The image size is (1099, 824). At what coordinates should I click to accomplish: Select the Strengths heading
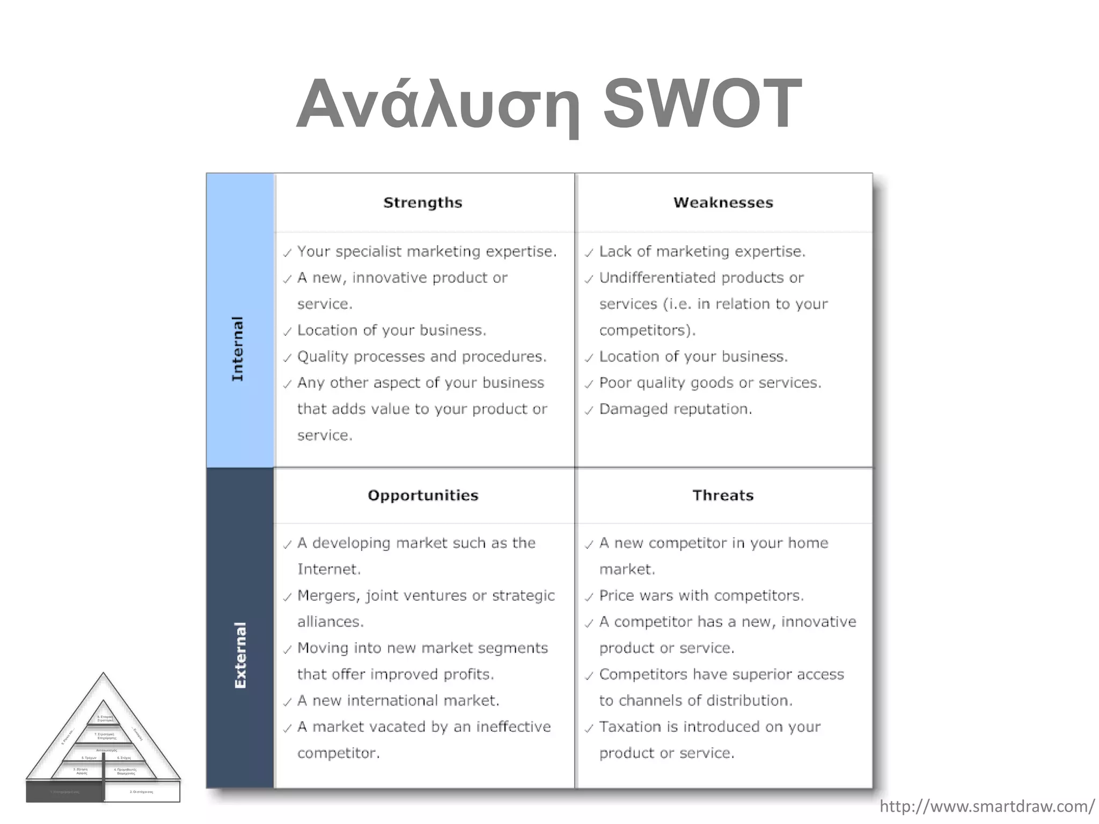click(x=422, y=203)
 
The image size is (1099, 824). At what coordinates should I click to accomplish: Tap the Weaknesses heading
click(x=723, y=203)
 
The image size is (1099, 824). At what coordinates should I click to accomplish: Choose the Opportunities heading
click(x=423, y=495)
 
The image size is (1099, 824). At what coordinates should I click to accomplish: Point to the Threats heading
click(x=723, y=495)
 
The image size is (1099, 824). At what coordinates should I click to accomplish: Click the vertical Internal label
click(x=237, y=349)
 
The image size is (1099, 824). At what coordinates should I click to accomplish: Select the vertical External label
click(x=240, y=655)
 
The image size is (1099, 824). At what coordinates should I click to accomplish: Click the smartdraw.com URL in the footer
click(x=987, y=806)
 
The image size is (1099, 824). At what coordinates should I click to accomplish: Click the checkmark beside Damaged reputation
click(x=589, y=411)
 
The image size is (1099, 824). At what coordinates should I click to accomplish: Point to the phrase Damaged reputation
click(x=676, y=409)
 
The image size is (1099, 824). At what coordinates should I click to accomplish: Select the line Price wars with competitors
click(x=701, y=595)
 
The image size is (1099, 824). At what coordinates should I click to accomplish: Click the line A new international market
click(x=398, y=701)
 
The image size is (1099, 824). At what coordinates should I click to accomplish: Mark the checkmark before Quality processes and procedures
click(x=288, y=358)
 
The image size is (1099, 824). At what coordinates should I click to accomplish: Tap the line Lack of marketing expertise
click(x=702, y=252)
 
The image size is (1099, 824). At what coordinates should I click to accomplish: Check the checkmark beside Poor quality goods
click(x=589, y=385)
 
